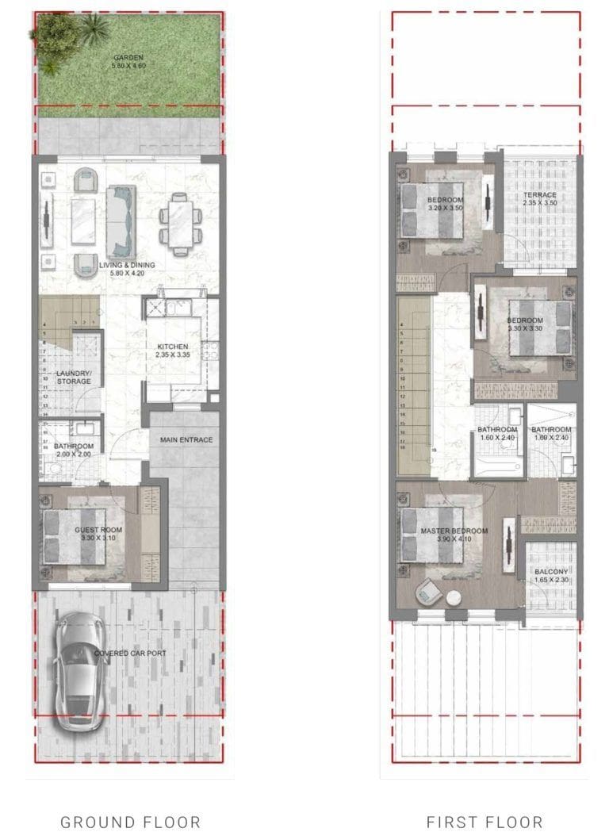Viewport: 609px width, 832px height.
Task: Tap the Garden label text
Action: [x=128, y=58]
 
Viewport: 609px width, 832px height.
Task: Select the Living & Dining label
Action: [x=127, y=265]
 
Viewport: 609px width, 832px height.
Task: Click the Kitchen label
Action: [x=172, y=347]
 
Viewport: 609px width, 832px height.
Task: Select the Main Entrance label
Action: [x=186, y=439]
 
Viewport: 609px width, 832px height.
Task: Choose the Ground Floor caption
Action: [x=131, y=822]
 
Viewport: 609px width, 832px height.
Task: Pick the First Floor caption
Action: [x=485, y=822]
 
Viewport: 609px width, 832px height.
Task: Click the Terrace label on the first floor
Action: [x=539, y=195]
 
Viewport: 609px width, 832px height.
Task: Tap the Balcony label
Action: [x=551, y=572]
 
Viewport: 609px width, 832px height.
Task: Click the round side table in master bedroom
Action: [x=454, y=597]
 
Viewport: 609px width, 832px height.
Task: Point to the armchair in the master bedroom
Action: [x=428, y=590]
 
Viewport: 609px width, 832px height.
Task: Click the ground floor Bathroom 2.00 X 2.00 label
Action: [x=74, y=447]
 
